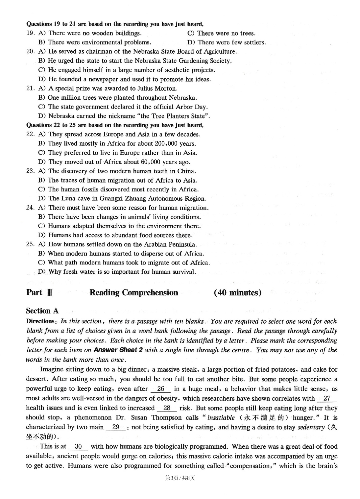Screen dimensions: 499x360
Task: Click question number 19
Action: [x=30, y=33]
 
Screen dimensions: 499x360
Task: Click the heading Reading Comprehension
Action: [x=134, y=293]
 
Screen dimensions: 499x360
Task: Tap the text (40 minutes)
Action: [x=237, y=293]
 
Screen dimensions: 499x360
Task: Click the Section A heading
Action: [x=42, y=311]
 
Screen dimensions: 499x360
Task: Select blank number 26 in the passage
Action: [x=160, y=389]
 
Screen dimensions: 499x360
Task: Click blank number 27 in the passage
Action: [x=327, y=398]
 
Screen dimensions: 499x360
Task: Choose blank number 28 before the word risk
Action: [x=167, y=408]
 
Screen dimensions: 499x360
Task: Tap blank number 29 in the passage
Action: [x=115, y=427]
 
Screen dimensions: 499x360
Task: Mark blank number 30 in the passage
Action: [x=78, y=447]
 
